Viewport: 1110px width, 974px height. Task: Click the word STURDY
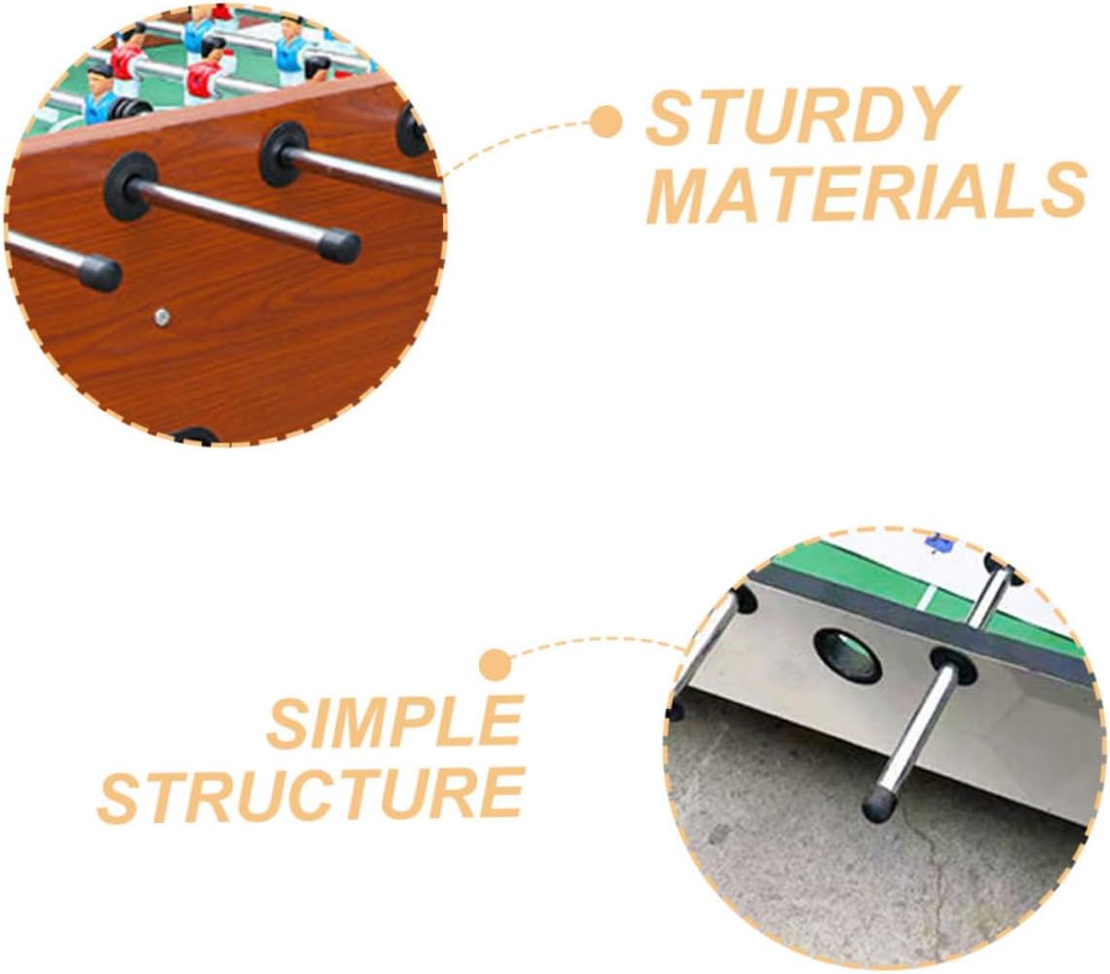[802, 116]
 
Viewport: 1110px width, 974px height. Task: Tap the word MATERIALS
[866, 192]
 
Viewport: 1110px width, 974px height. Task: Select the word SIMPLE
[393, 723]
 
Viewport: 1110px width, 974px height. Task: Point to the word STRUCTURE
[311, 794]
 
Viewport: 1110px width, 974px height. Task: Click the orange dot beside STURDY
[607, 123]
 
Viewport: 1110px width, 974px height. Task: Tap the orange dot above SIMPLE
[497, 666]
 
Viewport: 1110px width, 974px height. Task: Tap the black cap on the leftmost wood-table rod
[99, 273]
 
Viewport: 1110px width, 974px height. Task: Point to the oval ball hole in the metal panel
[847, 656]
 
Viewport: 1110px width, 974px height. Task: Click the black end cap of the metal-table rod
[880, 805]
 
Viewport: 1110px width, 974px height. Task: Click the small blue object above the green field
[941, 543]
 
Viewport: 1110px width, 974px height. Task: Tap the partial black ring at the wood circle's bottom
[195, 436]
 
